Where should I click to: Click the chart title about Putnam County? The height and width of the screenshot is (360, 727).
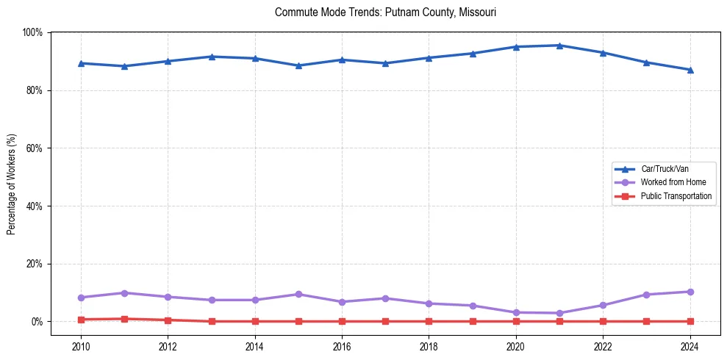(385, 12)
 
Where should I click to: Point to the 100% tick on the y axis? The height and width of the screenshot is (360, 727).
(33, 32)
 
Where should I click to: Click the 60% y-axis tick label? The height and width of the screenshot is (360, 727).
(35, 148)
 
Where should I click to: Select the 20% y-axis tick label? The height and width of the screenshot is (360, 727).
(35, 264)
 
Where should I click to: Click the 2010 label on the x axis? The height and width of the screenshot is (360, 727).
(81, 345)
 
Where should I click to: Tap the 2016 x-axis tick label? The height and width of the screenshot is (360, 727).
(342, 345)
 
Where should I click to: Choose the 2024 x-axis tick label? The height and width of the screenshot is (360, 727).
(690, 345)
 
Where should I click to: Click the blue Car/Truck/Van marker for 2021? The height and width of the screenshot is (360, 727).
(559, 46)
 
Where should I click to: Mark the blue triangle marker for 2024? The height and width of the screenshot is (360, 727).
(690, 70)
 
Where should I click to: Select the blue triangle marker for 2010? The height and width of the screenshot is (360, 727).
(81, 63)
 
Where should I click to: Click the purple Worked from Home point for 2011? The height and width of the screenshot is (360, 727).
(124, 293)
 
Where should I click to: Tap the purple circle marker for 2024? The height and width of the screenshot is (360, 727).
(690, 292)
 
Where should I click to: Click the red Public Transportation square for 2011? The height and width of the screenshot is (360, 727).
(124, 319)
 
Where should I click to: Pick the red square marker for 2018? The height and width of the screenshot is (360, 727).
(429, 321)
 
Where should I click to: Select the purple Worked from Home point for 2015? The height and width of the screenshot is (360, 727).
(298, 294)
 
